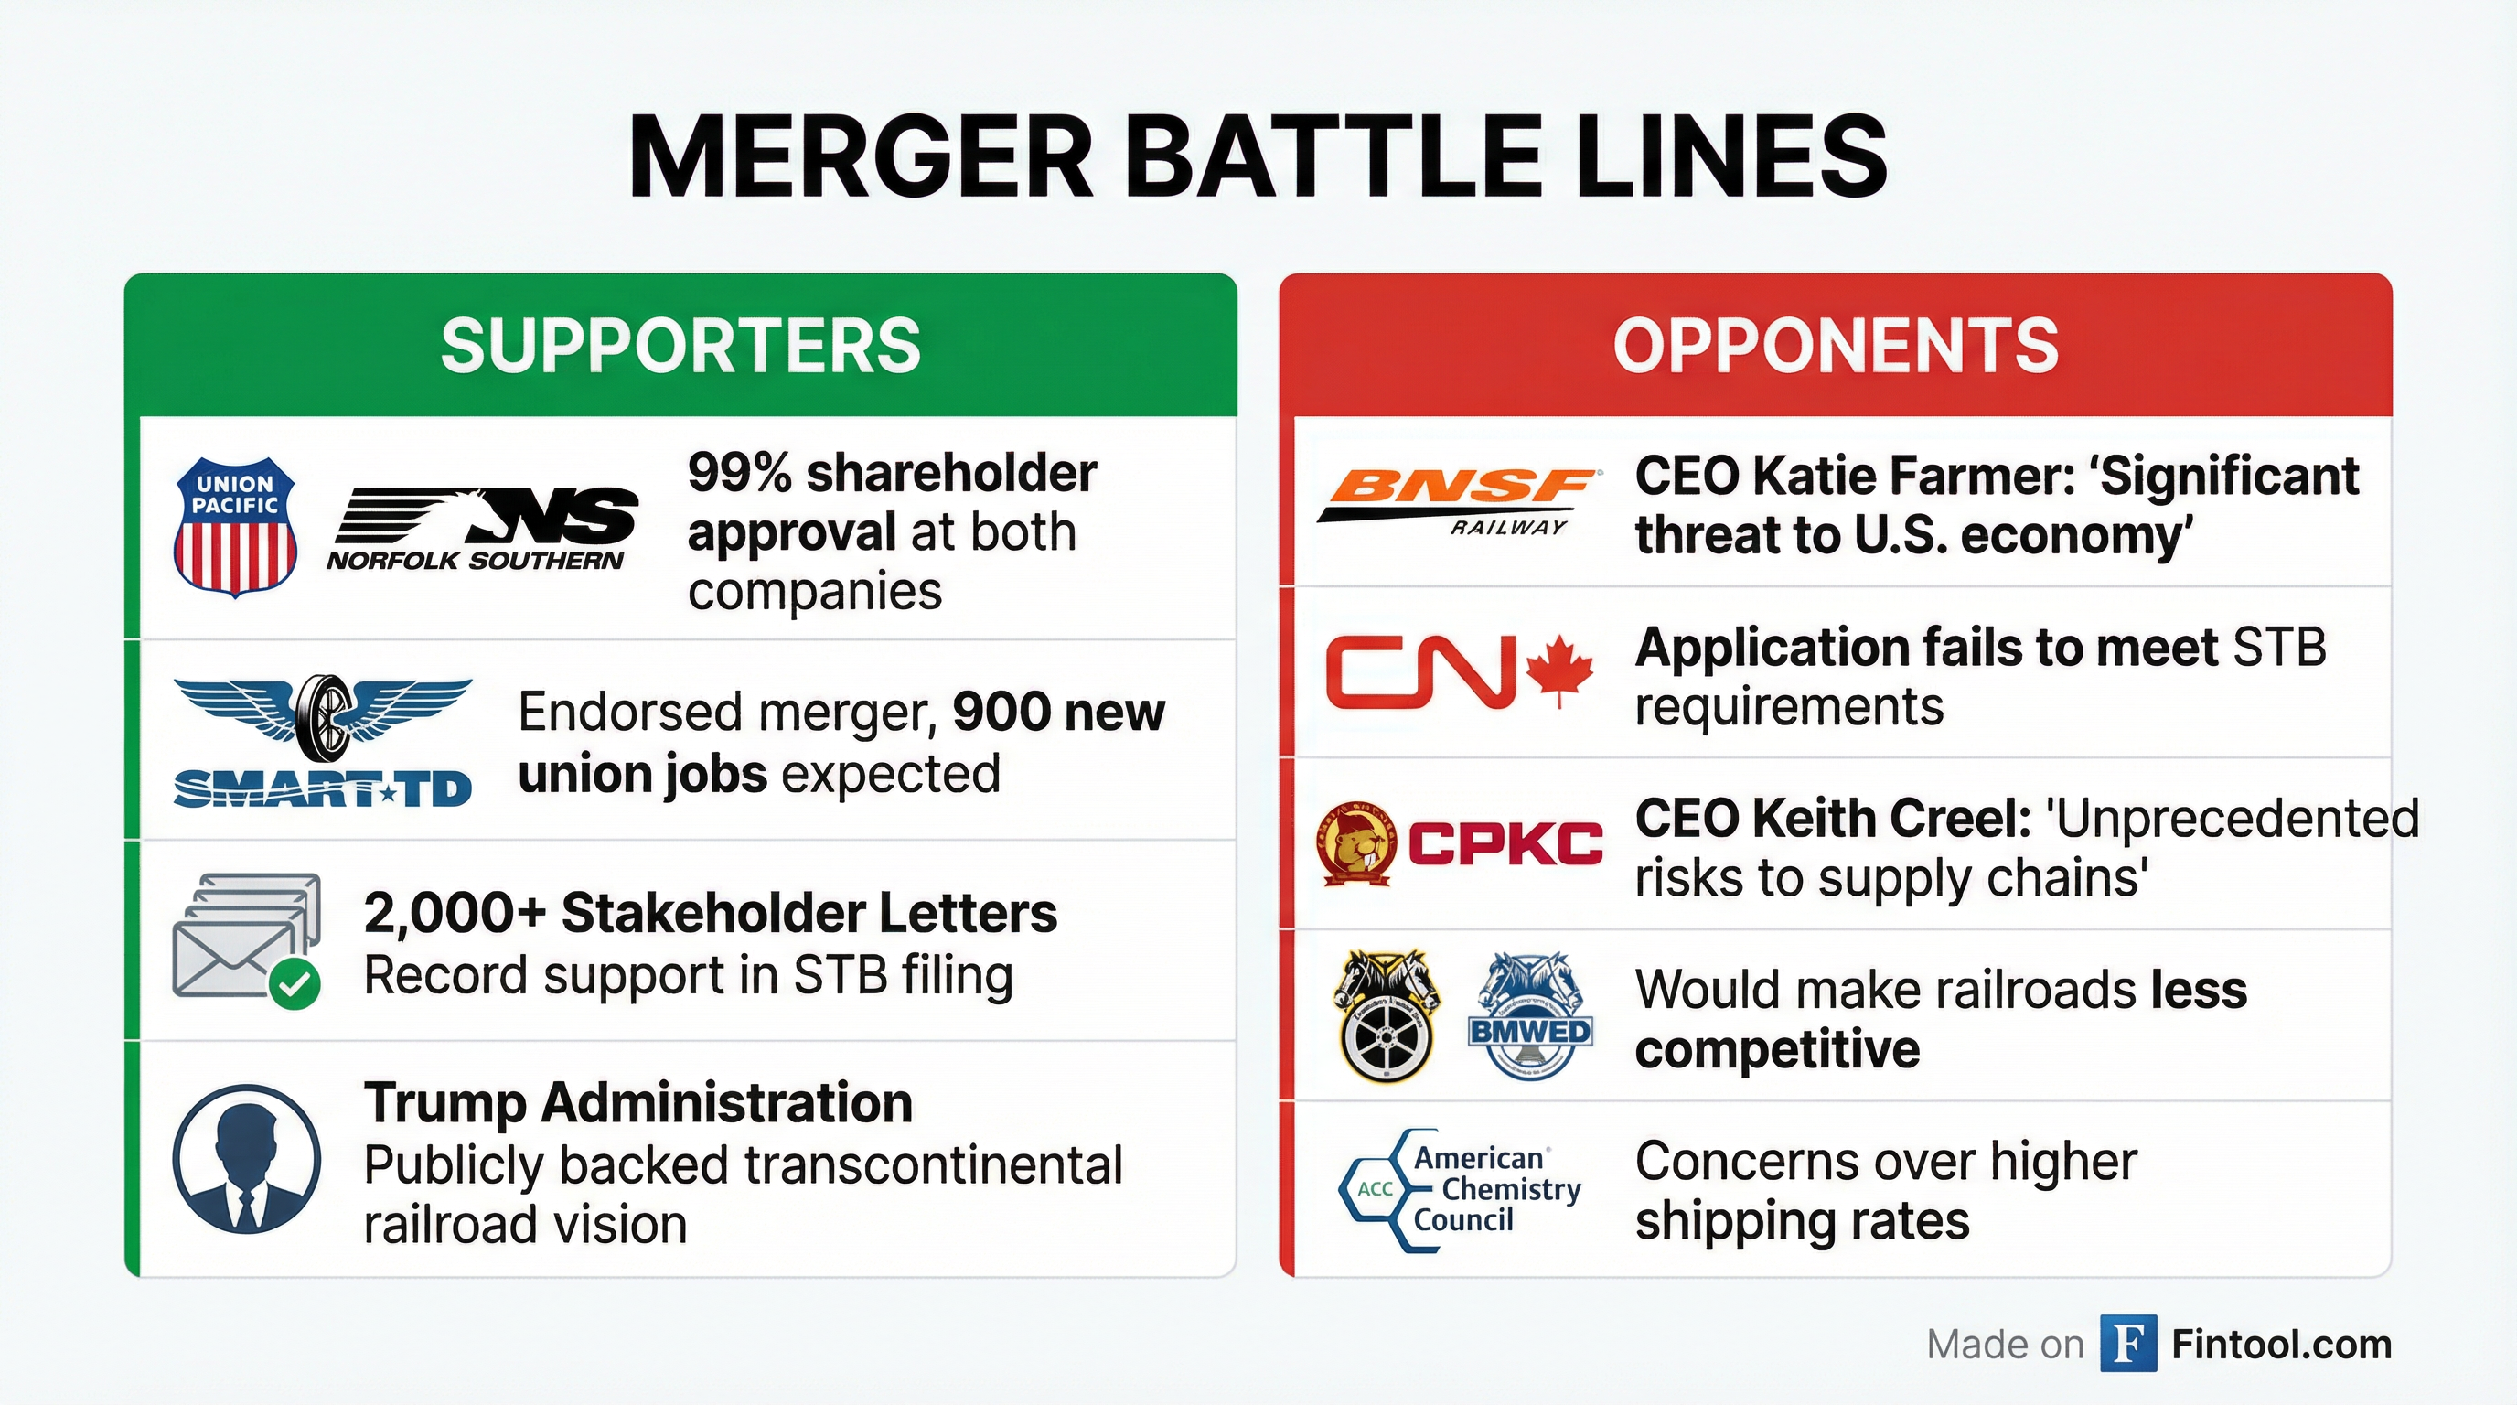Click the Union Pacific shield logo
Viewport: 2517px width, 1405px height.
tap(234, 527)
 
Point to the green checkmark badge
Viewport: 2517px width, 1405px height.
tap(295, 984)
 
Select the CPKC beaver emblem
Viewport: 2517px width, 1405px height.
tap(1356, 843)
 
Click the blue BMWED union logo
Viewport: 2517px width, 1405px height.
tap(1530, 1017)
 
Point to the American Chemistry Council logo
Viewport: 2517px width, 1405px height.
tap(1460, 1189)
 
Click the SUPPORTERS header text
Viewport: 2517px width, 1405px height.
tap(681, 346)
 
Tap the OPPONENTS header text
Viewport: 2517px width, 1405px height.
tap(1836, 346)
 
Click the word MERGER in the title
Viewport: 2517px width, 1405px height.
tap(861, 157)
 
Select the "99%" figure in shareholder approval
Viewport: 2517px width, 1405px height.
tap(740, 473)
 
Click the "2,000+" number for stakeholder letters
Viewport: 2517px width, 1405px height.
tap(455, 915)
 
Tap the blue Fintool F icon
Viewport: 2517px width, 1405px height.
tap(2128, 1345)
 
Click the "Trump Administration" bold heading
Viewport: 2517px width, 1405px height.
tap(638, 1103)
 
